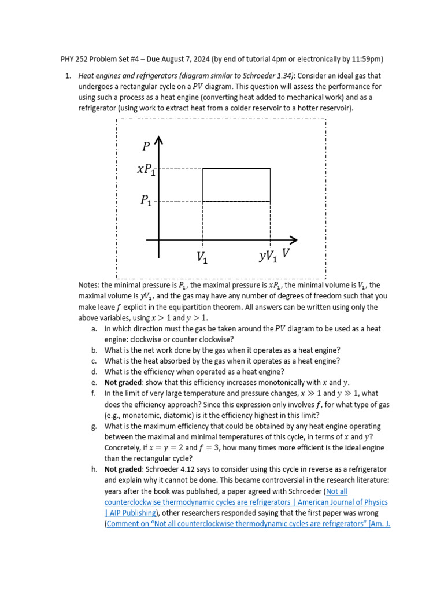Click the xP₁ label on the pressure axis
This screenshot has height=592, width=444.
tap(146, 169)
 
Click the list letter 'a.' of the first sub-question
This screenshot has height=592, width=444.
tap(94, 328)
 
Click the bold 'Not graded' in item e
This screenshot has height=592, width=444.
tap(123, 383)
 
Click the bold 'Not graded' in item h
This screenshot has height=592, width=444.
tap(123, 469)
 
